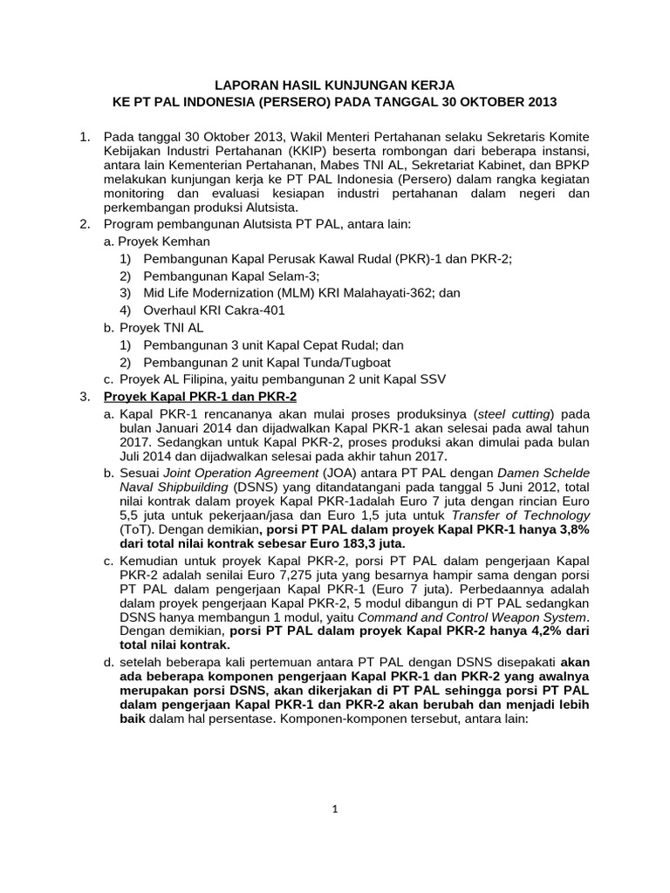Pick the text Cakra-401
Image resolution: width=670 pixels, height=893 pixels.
tap(256, 310)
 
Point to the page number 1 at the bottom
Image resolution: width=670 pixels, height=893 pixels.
tap(335, 809)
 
